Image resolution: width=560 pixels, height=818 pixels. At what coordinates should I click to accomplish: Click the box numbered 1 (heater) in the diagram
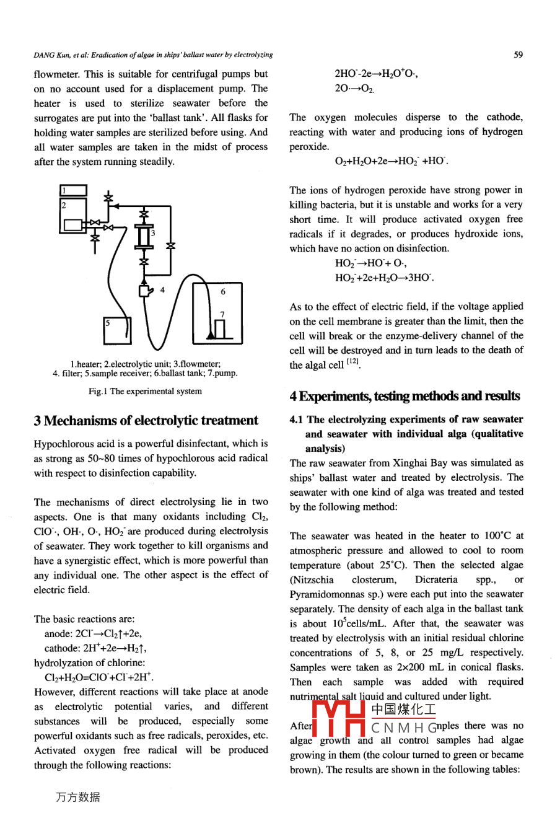[74, 190]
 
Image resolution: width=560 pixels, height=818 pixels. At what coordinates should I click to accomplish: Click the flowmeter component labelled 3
[145, 236]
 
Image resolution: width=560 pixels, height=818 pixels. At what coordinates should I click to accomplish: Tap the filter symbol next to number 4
[146, 290]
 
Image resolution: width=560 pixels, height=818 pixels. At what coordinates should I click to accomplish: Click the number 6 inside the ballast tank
[223, 291]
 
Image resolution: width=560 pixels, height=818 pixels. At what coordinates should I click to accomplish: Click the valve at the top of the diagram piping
[109, 198]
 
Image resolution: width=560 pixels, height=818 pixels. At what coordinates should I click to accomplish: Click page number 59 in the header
[518, 55]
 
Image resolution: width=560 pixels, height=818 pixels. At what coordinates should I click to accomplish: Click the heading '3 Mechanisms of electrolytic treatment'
[146, 420]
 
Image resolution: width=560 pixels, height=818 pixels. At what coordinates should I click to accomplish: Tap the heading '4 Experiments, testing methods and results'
[405, 396]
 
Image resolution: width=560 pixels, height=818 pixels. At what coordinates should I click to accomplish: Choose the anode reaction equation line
[93, 633]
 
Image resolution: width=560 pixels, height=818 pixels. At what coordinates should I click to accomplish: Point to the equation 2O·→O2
[354, 89]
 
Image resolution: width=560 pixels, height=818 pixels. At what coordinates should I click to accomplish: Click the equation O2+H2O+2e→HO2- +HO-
[391, 161]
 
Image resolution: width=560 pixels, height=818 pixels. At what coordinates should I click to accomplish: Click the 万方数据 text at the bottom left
[77, 797]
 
